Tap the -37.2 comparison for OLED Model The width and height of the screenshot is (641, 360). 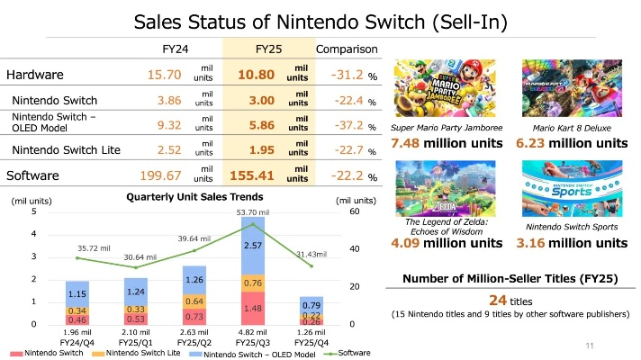point(346,125)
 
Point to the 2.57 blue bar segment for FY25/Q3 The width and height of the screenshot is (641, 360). point(253,245)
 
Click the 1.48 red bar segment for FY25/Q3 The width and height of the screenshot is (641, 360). point(253,308)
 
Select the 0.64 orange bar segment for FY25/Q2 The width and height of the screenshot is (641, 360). point(194,300)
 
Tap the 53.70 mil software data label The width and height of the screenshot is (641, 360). point(253,212)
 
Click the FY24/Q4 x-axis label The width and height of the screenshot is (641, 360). point(77,343)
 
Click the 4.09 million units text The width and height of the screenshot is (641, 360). point(446,243)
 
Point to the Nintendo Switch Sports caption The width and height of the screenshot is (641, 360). point(573,226)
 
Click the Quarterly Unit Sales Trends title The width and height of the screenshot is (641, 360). point(195,197)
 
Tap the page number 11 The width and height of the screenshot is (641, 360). point(590,346)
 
